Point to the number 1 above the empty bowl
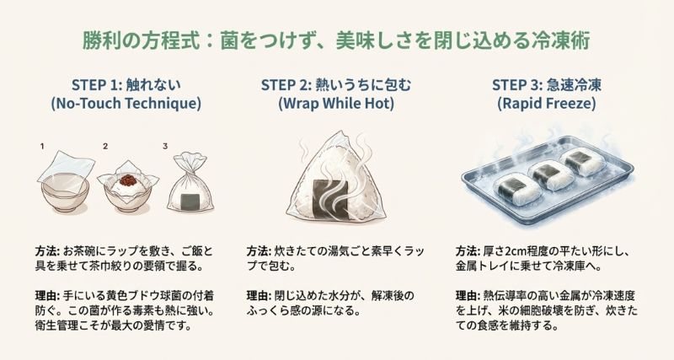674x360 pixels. point(41,146)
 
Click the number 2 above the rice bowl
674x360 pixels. point(105,146)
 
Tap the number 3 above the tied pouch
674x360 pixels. point(165,146)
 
